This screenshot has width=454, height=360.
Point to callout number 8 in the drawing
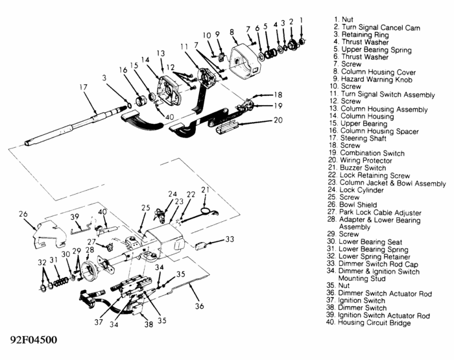(232, 31)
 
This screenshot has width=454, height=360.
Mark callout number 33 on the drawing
(229, 240)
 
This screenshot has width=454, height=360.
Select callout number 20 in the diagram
(278, 119)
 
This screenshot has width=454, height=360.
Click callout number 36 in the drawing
(199, 306)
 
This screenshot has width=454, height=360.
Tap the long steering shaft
(78, 126)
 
